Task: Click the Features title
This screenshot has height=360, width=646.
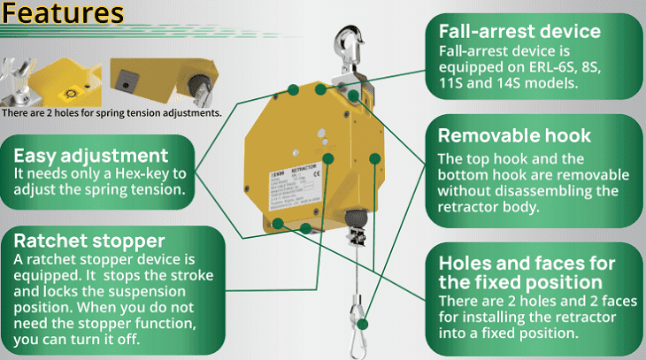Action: click(x=63, y=15)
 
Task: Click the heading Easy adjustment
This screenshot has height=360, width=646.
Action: click(x=91, y=155)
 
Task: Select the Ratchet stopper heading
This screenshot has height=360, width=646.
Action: click(x=88, y=241)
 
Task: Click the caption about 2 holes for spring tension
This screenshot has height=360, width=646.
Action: click(x=112, y=112)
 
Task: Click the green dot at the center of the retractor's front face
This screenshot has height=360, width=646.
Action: click(x=328, y=160)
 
